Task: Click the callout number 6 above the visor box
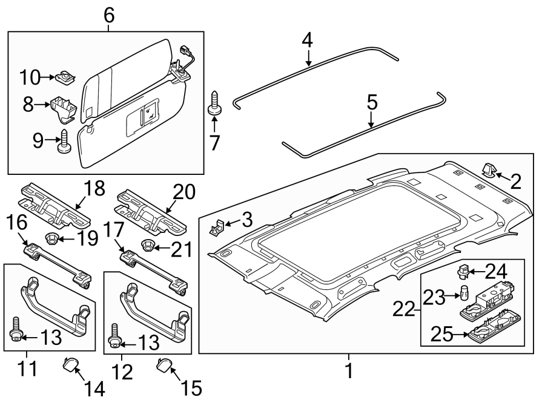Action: tap(109, 15)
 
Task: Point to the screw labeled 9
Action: tap(64, 143)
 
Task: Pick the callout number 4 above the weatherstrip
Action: tap(308, 41)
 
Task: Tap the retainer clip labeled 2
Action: tap(488, 171)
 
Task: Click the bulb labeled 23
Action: tap(464, 295)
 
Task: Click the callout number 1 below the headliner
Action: tap(348, 370)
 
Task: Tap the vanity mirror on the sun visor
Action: tap(142, 117)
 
